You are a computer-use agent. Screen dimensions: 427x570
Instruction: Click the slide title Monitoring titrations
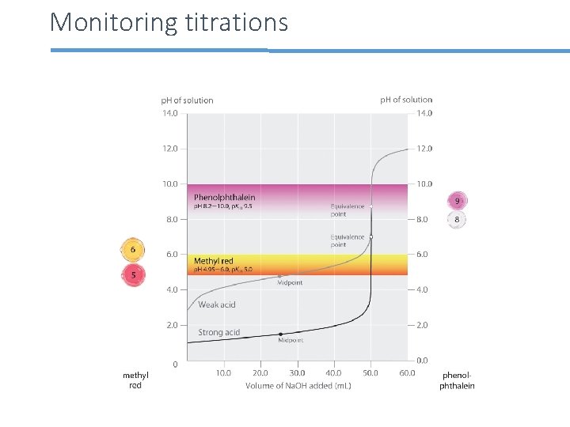point(169,22)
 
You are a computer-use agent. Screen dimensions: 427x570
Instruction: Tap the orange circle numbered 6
point(133,250)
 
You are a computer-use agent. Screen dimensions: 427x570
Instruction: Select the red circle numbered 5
point(133,275)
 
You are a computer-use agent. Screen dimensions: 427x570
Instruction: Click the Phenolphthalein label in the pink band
point(225,197)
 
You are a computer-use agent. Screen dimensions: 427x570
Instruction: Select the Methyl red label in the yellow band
point(214,261)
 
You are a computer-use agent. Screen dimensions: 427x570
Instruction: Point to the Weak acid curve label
point(217,304)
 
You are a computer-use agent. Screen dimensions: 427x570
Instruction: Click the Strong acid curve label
point(218,332)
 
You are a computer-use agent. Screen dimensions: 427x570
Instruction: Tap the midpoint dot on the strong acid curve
point(279,334)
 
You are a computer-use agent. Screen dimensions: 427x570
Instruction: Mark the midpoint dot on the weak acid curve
point(279,278)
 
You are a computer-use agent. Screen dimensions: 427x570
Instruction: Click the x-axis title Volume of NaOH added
point(298,386)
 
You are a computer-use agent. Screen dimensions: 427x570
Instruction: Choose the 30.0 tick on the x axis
point(297,373)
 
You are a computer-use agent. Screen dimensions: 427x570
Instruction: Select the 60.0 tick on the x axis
point(407,373)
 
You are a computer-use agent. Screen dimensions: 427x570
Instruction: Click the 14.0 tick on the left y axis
point(170,113)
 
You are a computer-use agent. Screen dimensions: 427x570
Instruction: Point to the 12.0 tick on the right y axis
point(424,149)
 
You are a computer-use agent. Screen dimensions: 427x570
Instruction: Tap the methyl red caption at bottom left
point(135,380)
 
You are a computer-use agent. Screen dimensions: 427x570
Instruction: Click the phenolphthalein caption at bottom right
point(458,380)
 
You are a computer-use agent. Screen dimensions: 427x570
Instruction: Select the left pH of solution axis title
point(187,100)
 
